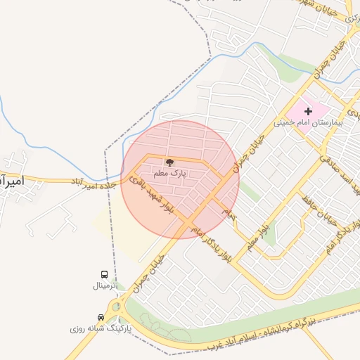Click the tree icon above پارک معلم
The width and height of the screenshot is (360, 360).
169,162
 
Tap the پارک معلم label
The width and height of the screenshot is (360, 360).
169,173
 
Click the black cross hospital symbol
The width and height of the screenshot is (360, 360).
308,111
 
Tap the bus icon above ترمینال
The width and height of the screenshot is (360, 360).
104,275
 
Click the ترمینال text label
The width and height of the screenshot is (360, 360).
106,286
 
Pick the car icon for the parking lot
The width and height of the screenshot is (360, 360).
101,317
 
